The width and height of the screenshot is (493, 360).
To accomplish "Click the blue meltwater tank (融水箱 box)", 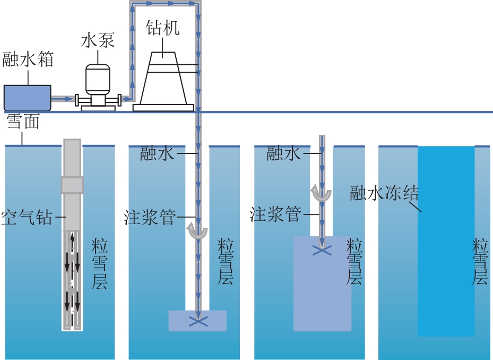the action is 28,98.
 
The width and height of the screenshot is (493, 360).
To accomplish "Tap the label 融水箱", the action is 28,59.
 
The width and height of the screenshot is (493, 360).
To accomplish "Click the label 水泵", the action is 98,40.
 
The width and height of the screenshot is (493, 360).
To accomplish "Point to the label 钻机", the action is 162,28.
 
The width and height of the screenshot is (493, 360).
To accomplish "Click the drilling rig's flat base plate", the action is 163,108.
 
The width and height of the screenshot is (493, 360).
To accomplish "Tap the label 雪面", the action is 23,122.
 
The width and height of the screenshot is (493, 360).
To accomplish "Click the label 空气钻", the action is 27,217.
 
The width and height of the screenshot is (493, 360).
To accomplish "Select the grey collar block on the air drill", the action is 72,185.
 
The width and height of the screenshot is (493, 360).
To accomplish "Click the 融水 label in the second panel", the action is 157,153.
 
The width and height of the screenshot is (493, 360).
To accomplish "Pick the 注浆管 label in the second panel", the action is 150,217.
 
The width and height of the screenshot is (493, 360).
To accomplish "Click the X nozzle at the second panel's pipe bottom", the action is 198,321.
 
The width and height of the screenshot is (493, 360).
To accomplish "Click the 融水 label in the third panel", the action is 283,154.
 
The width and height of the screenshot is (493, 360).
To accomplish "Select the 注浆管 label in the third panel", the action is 275,215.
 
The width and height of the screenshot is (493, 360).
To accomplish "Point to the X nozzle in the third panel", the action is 322,251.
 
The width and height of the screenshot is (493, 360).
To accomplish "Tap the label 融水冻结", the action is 384,193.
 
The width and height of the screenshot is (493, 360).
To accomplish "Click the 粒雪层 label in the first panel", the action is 100,264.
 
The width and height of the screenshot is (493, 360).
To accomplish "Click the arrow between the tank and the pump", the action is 63,99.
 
